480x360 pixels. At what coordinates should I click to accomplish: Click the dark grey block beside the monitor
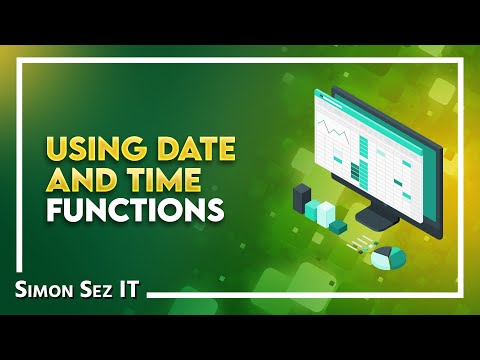pyautogui.click(x=302, y=197)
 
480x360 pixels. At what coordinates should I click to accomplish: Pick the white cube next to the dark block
pyautogui.click(x=322, y=211)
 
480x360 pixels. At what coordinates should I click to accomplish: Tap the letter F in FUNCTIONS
pyautogui.click(x=51, y=211)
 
